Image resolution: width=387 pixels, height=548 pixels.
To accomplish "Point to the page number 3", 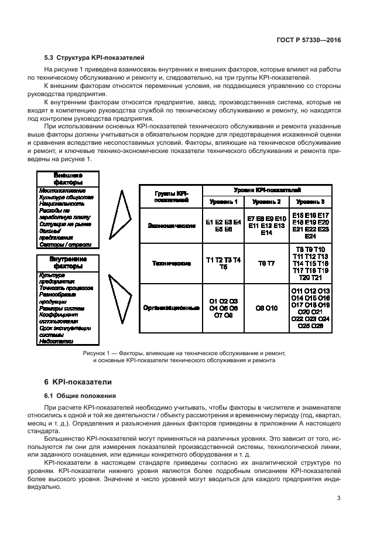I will [x=339, y=499].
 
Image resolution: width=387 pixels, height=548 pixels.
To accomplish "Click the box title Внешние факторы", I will [x=68, y=179].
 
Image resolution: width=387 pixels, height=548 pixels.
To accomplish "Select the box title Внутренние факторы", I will [x=68, y=262].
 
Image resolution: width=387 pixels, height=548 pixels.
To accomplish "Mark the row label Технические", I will [x=171, y=264].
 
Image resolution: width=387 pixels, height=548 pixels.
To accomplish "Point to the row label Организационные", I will [x=171, y=308].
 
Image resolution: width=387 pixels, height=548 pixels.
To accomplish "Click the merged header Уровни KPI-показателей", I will [x=267, y=190].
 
